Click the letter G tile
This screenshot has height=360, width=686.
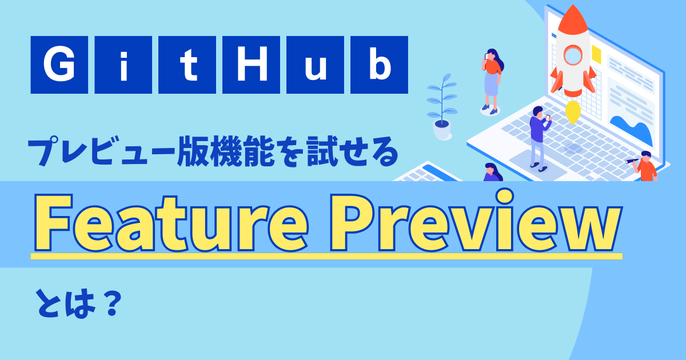click(x=59, y=65)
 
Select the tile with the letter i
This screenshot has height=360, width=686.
click(x=123, y=65)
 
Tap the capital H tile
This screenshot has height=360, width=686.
click(x=251, y=65)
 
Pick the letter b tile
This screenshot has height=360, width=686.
click(x=379, y=65)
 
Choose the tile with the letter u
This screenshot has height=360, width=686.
click(x=315, y=65)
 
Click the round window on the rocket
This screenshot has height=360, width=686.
click(x=572, y=55)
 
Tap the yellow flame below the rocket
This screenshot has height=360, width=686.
click(x=572, y=112)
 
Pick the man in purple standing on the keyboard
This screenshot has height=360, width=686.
click(x=537, y=137)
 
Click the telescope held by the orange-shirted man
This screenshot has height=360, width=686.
click(x=633, y=161)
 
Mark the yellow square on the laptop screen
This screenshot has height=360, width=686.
click(x=596, y=55)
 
